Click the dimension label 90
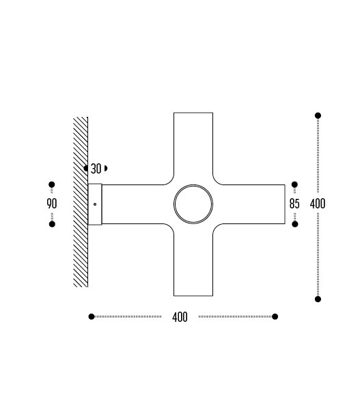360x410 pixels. coord(52,204)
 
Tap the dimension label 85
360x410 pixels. coord(294,204)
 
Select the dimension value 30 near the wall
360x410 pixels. coord(96,169)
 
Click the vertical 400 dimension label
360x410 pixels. coord(318,204)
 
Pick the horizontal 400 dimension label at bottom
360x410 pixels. coord(180,317)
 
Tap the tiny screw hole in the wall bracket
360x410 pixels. coord(95,204)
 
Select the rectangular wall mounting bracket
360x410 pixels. coord(95,204)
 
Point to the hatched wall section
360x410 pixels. coord(81,202)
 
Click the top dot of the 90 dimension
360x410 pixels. coord(52,184)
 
